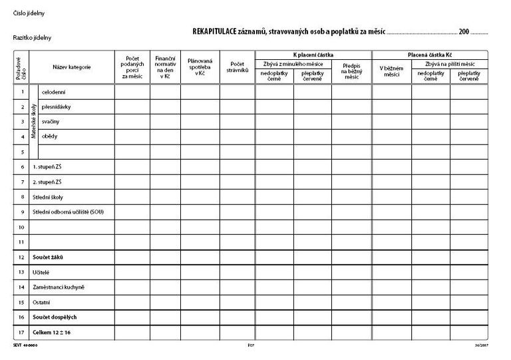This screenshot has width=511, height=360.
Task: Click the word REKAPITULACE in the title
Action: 214,31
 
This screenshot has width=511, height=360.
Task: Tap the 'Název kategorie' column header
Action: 72,67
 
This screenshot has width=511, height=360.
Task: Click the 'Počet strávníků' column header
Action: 238,67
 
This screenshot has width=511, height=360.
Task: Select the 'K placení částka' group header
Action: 313,54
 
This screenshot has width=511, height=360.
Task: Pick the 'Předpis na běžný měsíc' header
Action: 352,71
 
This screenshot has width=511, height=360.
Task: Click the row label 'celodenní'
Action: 53,91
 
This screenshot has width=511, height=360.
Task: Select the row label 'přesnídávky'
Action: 56,106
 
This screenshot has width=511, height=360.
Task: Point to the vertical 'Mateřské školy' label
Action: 34,121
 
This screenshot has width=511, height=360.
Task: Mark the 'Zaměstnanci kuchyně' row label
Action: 59,287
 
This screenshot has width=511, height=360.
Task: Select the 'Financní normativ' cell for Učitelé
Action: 165,271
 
